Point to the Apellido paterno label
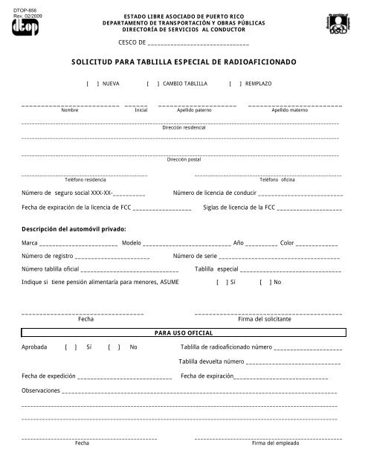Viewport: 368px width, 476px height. tap(194, 109)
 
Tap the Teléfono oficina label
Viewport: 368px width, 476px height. tap(277, 180)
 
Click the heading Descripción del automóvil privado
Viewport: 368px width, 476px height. tap(74, 228)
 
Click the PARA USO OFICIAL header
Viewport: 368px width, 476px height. tap(184, 334)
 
